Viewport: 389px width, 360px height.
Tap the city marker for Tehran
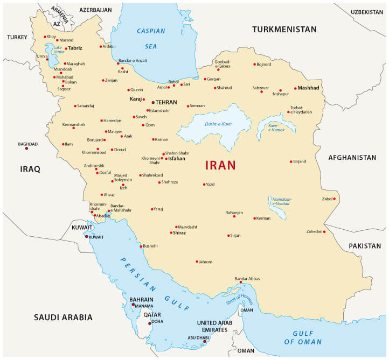click(153, 102)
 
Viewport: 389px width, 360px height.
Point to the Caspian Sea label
click(151, 39)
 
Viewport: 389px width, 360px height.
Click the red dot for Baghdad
click(26, 148)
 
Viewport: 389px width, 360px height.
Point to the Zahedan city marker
click(324, 231)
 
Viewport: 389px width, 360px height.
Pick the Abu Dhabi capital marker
click(204, 342)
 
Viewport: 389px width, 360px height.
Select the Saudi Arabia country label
click(63, 317)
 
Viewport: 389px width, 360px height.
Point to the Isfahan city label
click(177, 159)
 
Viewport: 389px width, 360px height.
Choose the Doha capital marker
click(150, 323)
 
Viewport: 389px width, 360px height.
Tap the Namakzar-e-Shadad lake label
click(282, 202)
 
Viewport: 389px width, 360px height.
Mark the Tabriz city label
click(75, 48)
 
